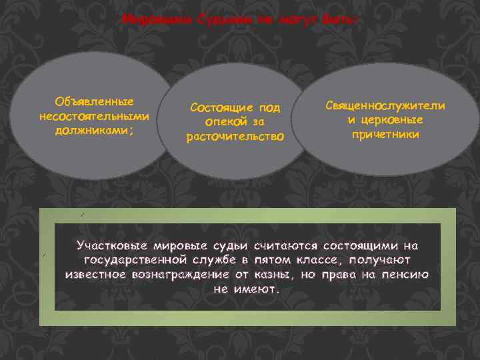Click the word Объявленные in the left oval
tap(94, 101)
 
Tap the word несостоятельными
tap(94, 116)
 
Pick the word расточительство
tap(235, 137)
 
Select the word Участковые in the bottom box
tap(115, 245)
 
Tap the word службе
tap(220, 260)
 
